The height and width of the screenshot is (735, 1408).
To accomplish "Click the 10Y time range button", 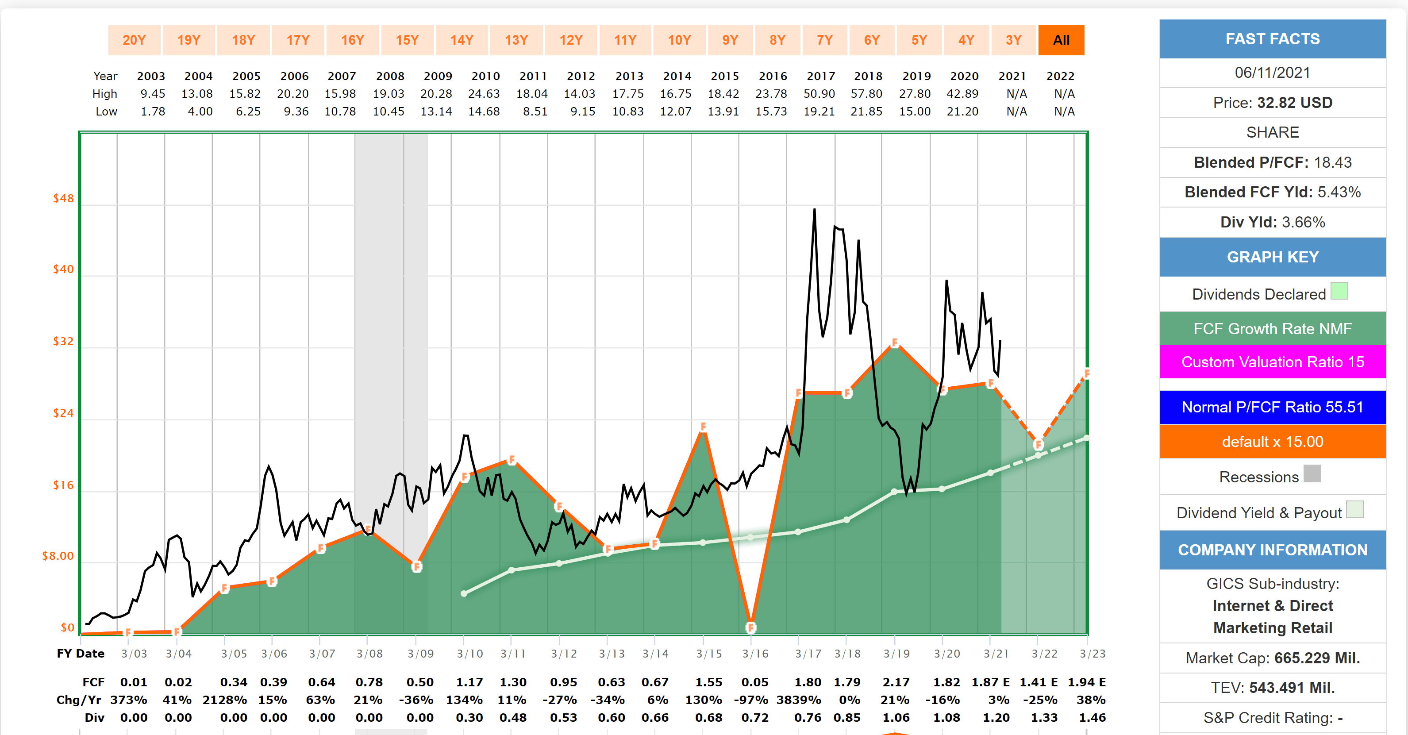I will click(679, 40).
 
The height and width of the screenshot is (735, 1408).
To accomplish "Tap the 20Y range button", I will click(134, 40).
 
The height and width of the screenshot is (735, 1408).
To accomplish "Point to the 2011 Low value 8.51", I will click(535, 112).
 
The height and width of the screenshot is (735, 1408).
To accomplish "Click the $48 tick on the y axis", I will click(63, 198).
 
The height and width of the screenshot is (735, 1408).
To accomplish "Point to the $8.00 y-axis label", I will click(58, 556).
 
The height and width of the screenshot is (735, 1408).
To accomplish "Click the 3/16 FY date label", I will click(755, 654).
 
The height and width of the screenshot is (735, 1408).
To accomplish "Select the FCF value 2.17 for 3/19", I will click(896, 682).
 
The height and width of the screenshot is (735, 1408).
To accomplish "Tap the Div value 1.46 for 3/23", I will click(1092, 717).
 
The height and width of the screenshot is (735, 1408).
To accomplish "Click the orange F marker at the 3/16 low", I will click(751, 627).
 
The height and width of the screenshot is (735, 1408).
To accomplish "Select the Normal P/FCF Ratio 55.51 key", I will click(1273, 407).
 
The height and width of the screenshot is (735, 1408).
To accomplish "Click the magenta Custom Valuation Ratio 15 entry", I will click(1273, 362).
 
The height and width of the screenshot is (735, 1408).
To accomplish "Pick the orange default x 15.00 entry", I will click(1273, 442).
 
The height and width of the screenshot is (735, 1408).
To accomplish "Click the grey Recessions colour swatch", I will click(1312, 474).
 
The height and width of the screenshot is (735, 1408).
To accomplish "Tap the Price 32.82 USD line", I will click(1273, 103).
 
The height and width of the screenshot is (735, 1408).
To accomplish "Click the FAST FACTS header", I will click(1273, 39).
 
